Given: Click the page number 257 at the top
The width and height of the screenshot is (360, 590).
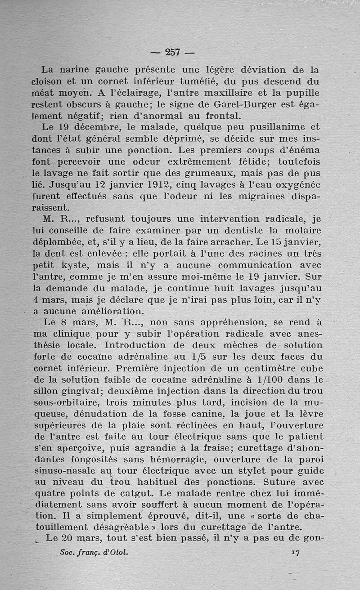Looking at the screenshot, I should tap(172, 52).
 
